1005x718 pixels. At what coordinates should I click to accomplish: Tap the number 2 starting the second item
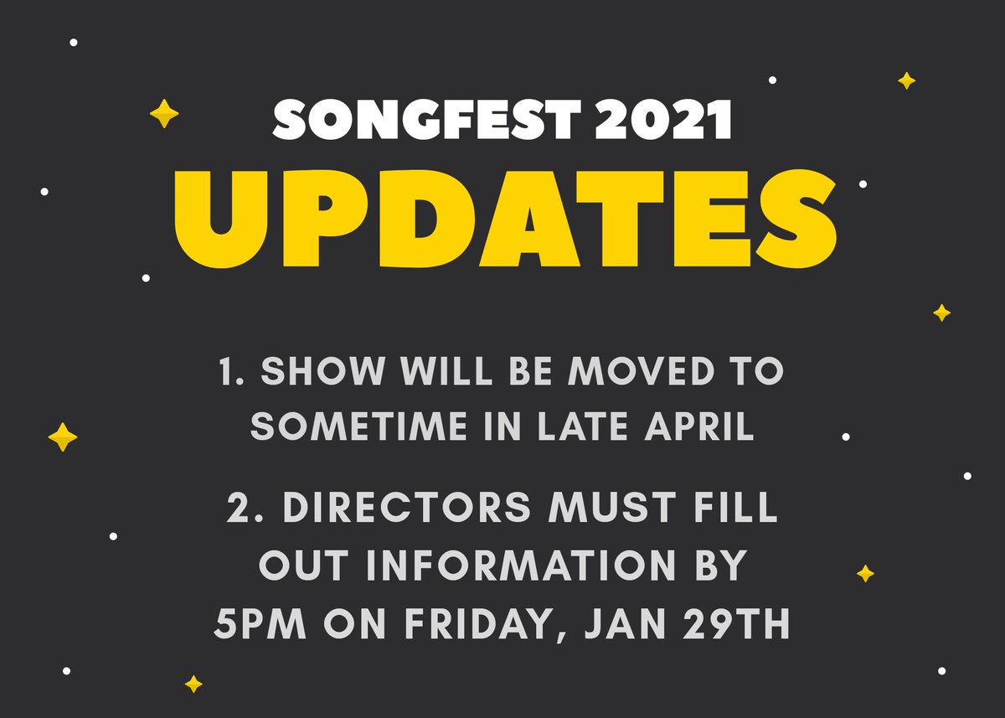click(x=237, y=509)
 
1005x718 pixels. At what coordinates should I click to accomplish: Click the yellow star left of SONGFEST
click(x=163, y=113)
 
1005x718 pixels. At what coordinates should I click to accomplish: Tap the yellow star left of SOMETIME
click(x=63, y=436)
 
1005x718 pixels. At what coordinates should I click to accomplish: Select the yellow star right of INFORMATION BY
click(x=865, y=574)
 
